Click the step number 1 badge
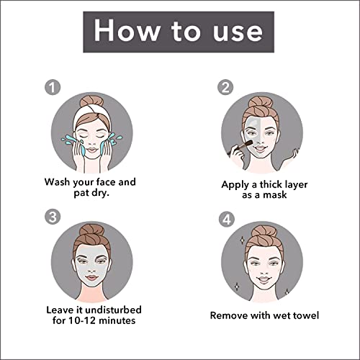point(53,87)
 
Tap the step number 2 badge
point(225,87)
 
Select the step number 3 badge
point(53,217)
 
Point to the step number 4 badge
point(227,219)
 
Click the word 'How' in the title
point(127,30)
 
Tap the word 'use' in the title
point(238,33)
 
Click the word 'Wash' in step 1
point(58,181)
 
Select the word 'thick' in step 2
point(271,184)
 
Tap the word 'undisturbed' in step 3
point(114,310)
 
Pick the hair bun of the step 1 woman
point(91,102)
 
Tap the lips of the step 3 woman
point(92,278)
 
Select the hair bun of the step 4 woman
point(264,232)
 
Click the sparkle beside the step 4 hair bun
point(243,240)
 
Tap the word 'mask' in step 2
point(274,194)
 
